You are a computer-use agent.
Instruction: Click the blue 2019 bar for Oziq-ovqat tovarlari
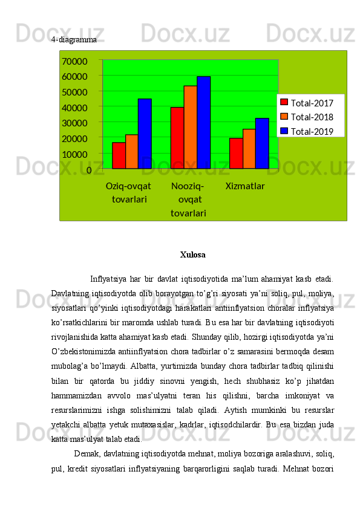[145, 134]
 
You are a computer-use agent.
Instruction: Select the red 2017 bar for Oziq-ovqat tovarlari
[119, 155]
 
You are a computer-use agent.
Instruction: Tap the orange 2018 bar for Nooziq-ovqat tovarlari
[190, 127]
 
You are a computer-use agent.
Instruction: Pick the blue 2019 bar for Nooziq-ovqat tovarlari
[203, 122]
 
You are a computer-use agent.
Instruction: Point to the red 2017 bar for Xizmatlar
[236, 153]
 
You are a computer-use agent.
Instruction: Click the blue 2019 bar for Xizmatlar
[262, 143]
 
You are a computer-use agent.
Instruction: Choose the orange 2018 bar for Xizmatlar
[249, 149]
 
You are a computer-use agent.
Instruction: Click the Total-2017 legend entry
[311, 103]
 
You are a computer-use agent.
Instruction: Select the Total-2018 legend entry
[311, 117]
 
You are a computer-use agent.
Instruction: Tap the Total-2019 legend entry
[311, 131]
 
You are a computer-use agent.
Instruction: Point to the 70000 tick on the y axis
[74, 61]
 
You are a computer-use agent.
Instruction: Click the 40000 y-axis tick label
[74, 108]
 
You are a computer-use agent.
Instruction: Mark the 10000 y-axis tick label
[74, 154]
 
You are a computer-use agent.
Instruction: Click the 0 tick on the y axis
[89, 170]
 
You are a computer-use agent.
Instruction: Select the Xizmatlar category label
[245, 186]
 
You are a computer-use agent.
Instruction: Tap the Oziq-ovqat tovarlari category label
[128, 192]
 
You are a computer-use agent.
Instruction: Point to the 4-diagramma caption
[74, 39]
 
